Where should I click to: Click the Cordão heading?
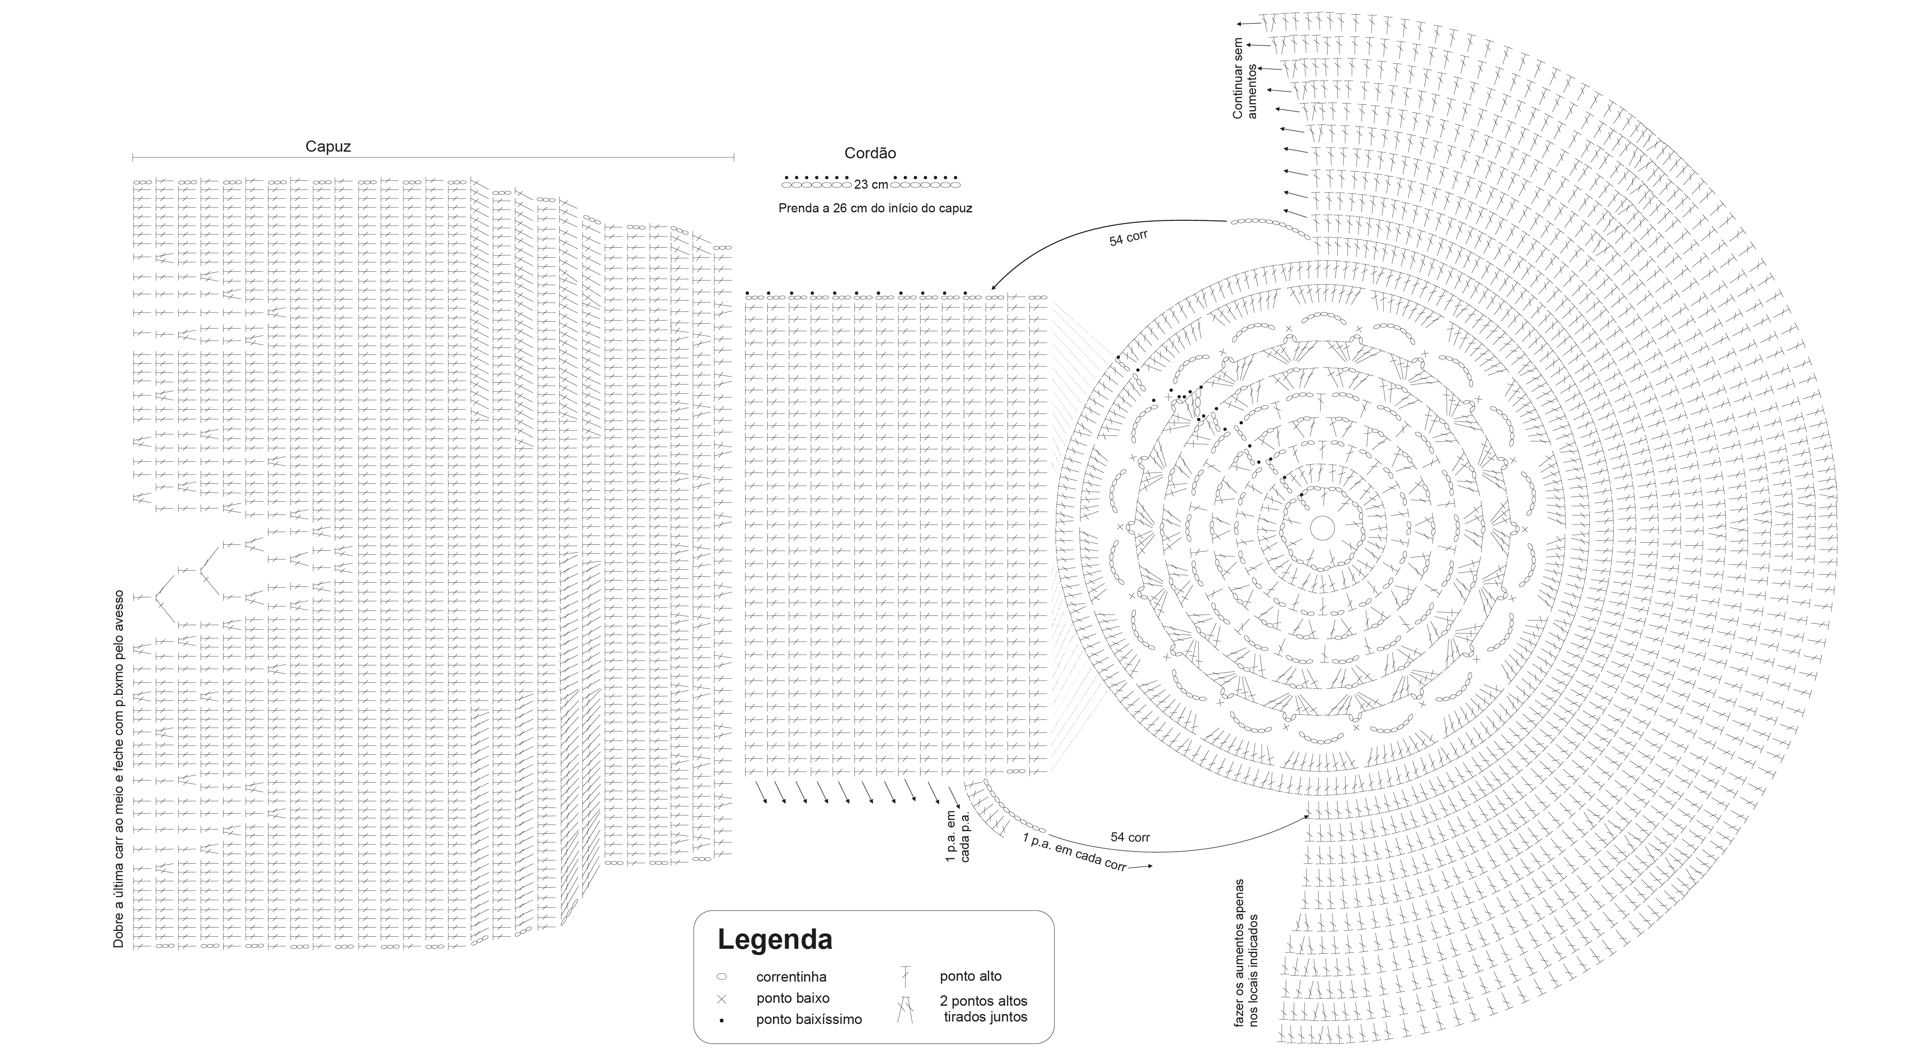[870, 153]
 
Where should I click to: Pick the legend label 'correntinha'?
[791, 977]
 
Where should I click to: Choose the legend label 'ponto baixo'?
[793, 998]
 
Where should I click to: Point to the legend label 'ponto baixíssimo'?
[809, 1019]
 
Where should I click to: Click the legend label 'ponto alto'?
[970, 976]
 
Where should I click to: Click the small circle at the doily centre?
[1322, 528]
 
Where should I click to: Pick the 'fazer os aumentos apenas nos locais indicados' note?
[1246, 953]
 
